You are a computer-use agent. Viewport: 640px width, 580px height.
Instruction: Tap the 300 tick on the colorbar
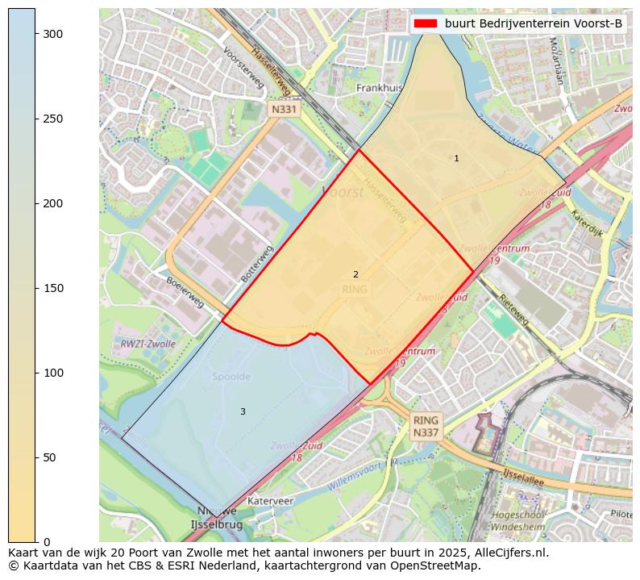[x=35, y=34]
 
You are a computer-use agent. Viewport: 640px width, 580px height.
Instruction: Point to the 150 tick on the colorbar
[x=35, y=288]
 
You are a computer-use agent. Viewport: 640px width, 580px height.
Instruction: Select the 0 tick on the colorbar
[x=35, y=541]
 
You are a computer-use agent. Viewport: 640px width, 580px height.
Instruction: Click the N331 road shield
[x=284, y=109]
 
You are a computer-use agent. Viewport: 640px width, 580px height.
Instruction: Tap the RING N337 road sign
[x=426, y=427]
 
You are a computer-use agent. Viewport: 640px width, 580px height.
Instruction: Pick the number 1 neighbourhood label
[x=456, y=158]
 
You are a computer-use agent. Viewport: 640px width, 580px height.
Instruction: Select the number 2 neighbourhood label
[x=355, y=274]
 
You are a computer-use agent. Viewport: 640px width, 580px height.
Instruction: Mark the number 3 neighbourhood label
[x=243, y=411]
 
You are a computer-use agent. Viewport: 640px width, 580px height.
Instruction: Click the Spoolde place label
[x=231, y=377]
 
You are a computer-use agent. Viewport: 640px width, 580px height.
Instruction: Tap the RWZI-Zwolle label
[x=148, y=344]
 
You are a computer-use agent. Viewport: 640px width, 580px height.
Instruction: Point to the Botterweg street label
[x=258, y=263]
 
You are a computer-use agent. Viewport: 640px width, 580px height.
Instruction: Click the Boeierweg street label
[x=185, y=292]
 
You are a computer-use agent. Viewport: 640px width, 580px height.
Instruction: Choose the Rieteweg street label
[x=513, y=309]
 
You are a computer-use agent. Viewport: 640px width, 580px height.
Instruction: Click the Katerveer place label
[x=271, y=501]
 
